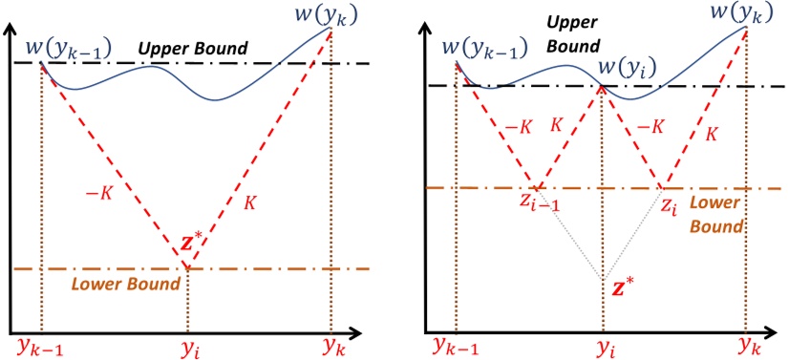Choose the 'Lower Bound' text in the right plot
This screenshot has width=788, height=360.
click(715, 216)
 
